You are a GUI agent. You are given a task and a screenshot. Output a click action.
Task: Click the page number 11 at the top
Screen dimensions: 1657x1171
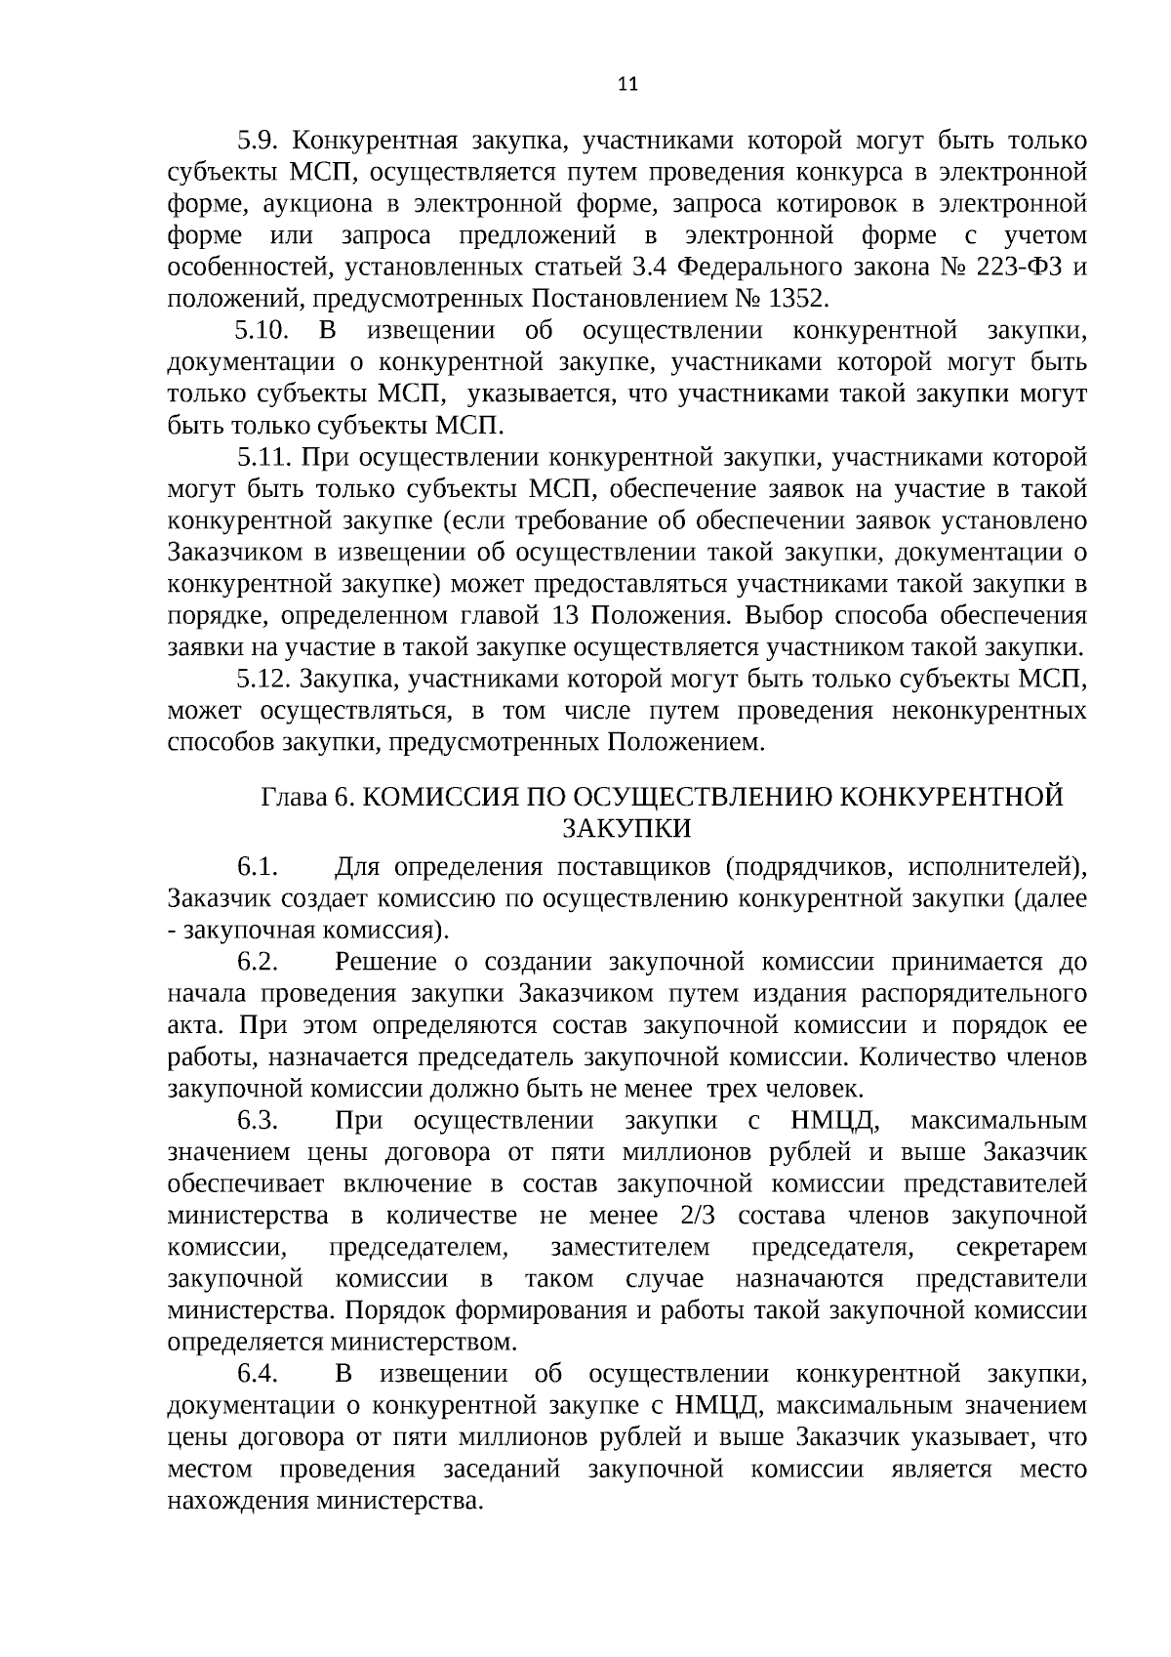point(627,84)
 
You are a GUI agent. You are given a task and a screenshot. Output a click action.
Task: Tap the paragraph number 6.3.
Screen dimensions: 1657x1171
point(259,1120)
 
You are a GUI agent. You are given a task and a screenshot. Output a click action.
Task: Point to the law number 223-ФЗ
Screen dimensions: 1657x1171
point(1007,267)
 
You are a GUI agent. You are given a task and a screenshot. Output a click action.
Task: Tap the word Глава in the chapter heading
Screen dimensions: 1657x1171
point(294,797)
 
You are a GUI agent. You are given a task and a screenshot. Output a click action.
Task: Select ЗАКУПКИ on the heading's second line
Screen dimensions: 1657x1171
point(627,829)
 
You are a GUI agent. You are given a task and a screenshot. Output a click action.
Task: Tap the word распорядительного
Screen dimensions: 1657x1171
point(974,994)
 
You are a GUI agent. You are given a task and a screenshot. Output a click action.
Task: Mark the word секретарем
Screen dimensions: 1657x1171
point(1021,1248)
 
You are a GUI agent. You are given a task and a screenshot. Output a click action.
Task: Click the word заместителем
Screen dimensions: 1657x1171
point(629,1248)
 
